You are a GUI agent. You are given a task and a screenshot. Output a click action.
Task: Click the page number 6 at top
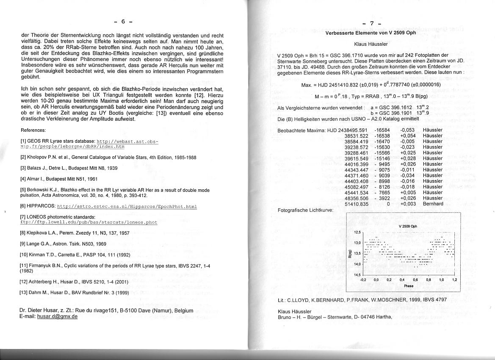pos(123,22)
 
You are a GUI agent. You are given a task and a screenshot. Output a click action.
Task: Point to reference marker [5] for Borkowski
pos(24,190)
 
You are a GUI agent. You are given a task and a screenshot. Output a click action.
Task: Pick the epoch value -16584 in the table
pos(382,130)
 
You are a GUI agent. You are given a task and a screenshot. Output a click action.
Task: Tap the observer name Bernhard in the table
pos(433,204)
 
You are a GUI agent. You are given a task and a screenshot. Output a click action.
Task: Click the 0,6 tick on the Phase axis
pos(415,280)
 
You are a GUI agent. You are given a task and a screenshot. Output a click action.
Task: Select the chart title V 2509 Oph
pos(408,226)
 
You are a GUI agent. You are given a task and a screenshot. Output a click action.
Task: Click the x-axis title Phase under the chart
pos(408,286)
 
